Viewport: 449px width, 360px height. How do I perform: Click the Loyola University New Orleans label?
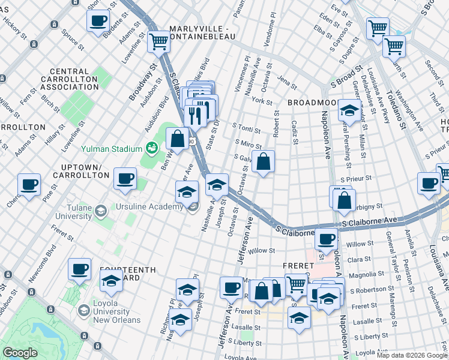116,311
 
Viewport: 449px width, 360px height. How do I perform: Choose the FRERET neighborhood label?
299,265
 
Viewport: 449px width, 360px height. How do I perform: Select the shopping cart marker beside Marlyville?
159,42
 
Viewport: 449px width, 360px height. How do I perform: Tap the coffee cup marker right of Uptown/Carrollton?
125,178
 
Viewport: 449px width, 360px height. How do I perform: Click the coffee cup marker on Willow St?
326,238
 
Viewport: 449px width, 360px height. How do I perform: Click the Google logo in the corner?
20,353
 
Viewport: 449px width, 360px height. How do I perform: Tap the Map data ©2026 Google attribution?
411,355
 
